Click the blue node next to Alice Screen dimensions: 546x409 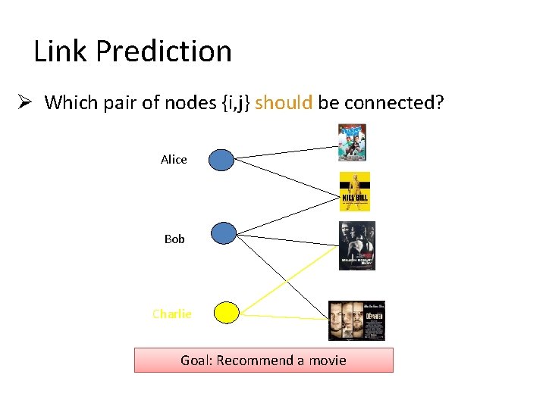pos(221,160)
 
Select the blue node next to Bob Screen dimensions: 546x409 pos(224,233)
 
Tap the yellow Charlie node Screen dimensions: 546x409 pos(226,312)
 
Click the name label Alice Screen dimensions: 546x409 pos(174,159)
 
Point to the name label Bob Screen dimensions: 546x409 pos(174,239)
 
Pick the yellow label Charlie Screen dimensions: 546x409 pos(172,314)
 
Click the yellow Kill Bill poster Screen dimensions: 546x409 pos(354,191)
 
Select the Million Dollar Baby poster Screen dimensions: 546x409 pos(356,246)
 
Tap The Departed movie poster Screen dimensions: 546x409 pos(357,321)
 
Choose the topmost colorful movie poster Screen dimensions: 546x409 pos(352,142)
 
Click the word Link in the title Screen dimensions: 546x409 pos(61,52)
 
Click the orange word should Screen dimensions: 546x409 pos(284,102)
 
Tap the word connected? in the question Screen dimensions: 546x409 pos(394,102)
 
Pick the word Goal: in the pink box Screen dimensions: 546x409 pos(196,360)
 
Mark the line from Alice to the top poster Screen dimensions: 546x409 pos(285,151)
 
